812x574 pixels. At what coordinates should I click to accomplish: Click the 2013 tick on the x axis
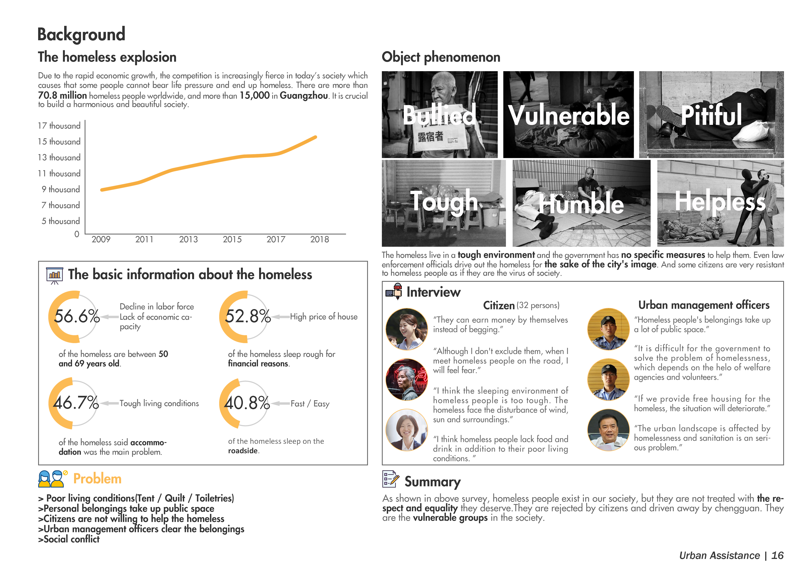pos(188,240)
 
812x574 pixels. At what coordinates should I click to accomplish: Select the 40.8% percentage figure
pos(247,403)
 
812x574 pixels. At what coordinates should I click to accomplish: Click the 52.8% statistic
pos(247,316)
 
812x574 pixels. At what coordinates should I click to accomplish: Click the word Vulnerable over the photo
pos(569,115)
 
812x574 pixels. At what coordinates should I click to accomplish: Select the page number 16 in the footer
pos(777,556)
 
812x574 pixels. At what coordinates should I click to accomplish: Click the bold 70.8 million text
pos(62,95)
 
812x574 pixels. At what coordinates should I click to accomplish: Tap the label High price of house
pos(324,317)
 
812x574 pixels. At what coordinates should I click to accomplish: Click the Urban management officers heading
pos(704,305)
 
